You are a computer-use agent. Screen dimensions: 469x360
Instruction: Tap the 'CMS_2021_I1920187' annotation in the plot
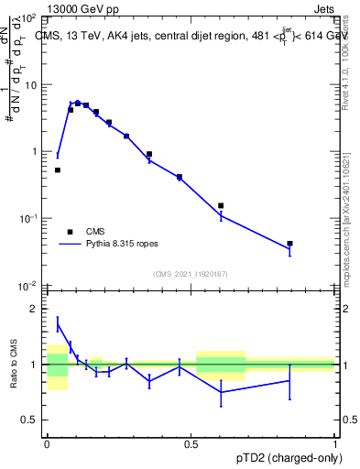click(x=190, y=274)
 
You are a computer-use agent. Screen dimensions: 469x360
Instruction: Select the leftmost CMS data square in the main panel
click(x=58, y=169)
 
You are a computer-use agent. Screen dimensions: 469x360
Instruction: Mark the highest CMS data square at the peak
click(x=78, y=104)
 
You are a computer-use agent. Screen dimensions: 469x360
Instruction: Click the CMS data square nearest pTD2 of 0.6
click(x=221, y=206)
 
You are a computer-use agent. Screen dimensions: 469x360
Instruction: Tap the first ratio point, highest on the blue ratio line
click(x=58, y=323)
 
